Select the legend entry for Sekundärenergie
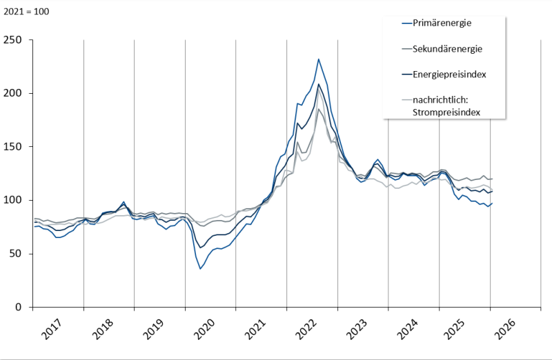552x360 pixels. point(446,49)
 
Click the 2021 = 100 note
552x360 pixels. point(26,12)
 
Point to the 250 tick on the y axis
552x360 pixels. point(13,40)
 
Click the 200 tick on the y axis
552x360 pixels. point(13,93)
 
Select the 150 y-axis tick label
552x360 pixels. point(13,147)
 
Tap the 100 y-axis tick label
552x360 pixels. point(13,200)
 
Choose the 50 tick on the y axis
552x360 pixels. point(16,254)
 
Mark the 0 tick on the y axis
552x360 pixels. point(19,307)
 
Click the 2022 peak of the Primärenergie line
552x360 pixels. point(318,59)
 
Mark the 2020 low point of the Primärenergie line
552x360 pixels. point(200,268)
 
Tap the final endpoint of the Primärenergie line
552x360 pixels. point(492,203)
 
